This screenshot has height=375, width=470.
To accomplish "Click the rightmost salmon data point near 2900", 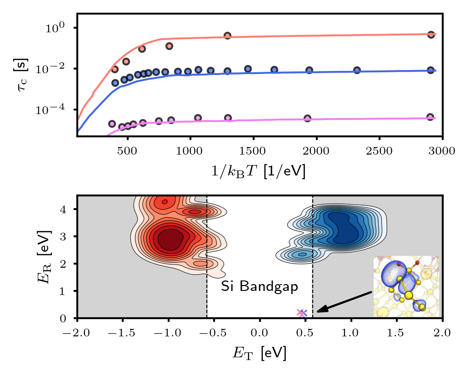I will coord(431,35).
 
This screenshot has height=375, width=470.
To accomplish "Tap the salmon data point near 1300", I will coord(227,35).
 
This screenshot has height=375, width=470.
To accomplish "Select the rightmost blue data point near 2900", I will coord(431,70).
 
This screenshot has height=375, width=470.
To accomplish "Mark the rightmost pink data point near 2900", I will coord(431,117).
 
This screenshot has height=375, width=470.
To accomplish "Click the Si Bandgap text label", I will coord(259,287).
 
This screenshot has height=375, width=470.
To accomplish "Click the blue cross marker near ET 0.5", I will coord(304,313).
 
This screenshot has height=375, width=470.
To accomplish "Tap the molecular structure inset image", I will coord(406,286).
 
